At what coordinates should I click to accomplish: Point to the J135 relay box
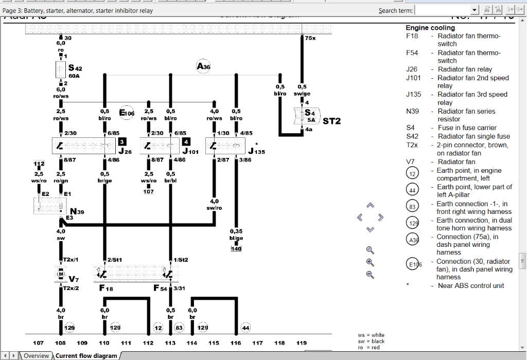point(225,146)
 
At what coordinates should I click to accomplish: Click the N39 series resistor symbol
point(48,205)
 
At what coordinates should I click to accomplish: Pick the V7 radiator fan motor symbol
point(60,275)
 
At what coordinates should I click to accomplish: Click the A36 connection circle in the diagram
point(203,66)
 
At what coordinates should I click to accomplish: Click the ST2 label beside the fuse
point(331,121)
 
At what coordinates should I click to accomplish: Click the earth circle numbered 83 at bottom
point(179,328)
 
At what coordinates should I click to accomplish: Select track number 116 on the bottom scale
point(236,343)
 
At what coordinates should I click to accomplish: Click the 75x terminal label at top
point(310,38)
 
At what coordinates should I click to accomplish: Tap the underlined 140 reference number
point(236,249)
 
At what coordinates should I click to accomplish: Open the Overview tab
point(36,356)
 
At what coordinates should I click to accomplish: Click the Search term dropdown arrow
point(475,10)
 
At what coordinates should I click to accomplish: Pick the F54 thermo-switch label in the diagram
point(160,288)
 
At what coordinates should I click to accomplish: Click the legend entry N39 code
point(413,111)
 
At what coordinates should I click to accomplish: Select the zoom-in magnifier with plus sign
point(370,262)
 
